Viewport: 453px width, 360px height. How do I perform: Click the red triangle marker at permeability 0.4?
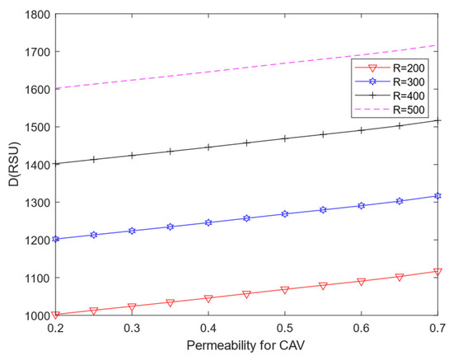click(x=208, y=298)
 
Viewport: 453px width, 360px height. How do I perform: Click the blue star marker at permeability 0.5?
click(x=285, y=213)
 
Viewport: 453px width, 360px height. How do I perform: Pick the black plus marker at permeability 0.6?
click(x=361, y=129)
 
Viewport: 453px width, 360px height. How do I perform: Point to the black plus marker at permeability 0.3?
click(x=133, y=155)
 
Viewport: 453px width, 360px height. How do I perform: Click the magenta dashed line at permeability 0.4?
click(x=208, y=70)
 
